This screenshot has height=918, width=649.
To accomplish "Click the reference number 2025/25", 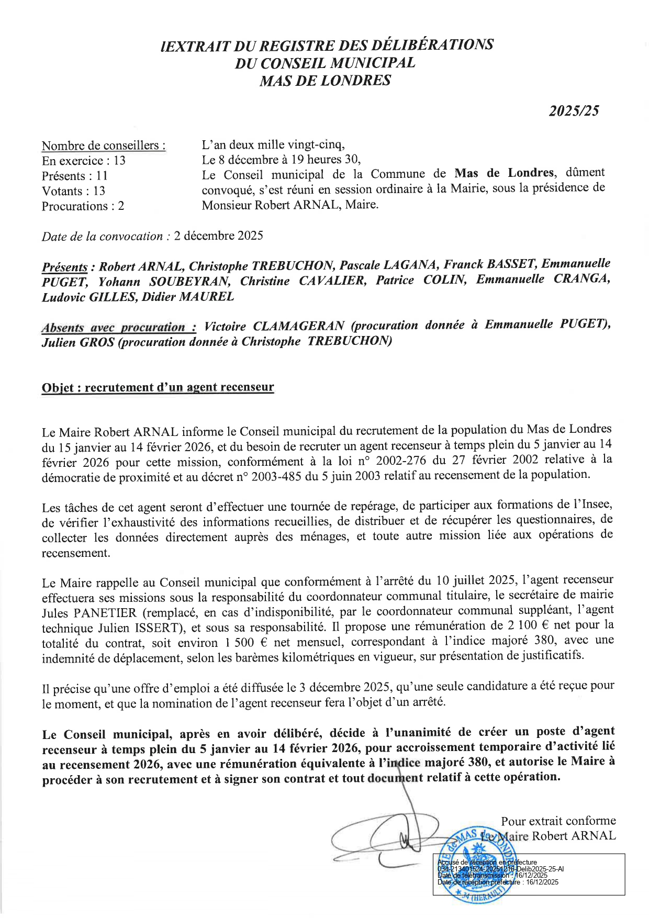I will [574, 111].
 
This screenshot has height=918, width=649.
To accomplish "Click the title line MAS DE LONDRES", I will [325, 81].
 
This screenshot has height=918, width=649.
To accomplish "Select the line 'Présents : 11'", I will [75, 176].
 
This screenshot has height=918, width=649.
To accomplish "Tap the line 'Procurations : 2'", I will [83, 206].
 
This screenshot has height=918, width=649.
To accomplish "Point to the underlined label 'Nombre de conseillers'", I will [103, 145].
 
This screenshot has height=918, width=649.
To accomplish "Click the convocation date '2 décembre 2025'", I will [218, 236].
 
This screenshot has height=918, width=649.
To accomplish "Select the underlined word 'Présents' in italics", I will [64, 267].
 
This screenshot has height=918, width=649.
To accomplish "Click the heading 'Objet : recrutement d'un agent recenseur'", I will [158, 387].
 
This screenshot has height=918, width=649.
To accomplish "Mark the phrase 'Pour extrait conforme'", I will [558, 821].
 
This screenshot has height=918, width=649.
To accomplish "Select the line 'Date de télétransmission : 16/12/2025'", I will [492, 875].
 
